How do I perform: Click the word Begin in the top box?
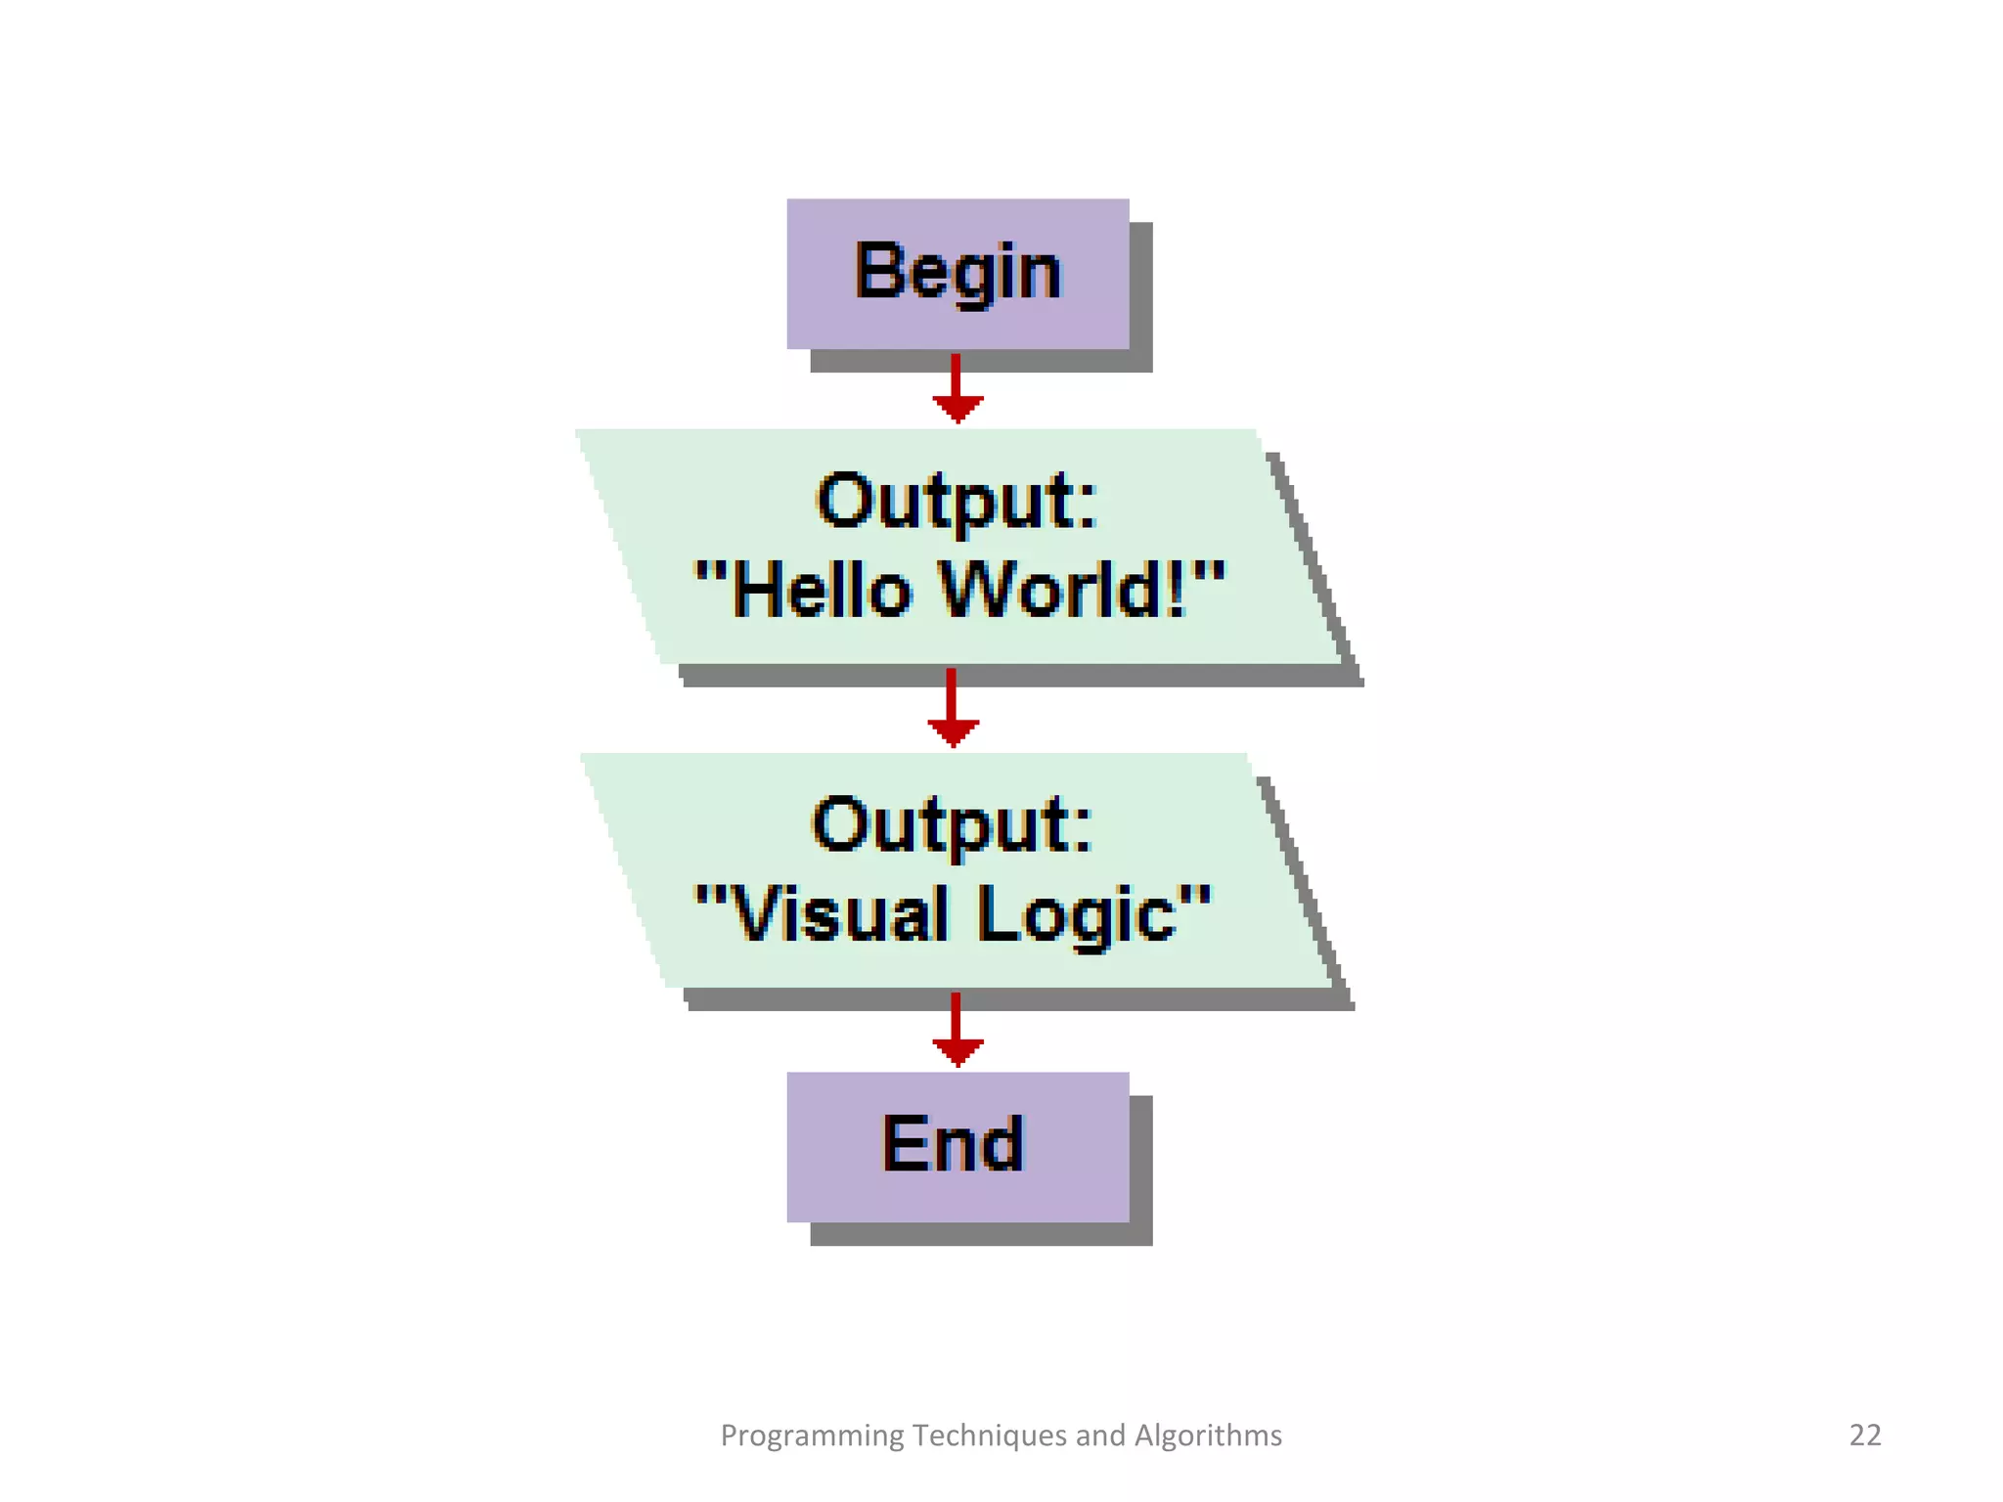957,273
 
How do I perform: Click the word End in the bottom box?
953,1144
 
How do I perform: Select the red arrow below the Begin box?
957,389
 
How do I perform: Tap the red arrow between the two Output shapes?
952,710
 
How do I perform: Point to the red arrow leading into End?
957,1031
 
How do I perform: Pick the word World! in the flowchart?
1064,590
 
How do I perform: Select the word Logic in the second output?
1077,914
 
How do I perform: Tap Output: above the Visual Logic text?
952,826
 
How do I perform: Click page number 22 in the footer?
1864,1435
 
